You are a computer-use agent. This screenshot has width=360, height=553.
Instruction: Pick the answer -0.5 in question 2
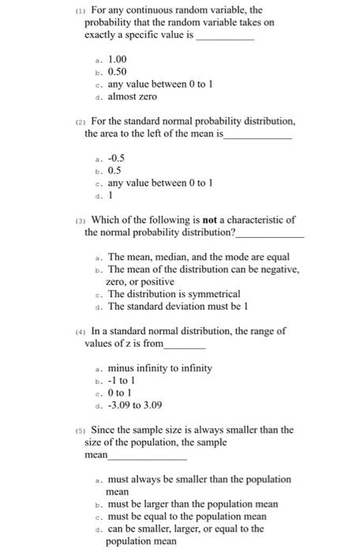click(116, 158)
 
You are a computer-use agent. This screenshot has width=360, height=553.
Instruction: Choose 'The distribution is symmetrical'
click(174, 294)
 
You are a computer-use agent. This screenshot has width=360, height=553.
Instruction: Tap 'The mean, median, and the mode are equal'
click(198, 257)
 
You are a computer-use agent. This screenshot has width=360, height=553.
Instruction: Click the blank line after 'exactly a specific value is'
click(225, 38)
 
